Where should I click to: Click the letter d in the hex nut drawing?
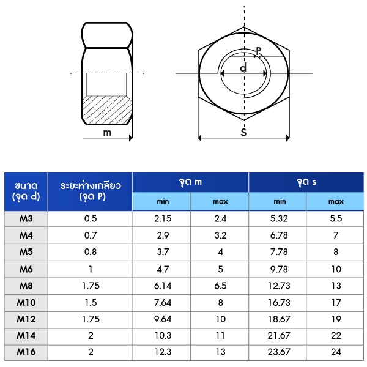[x=243, y=67]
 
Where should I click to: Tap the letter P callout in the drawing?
[x=258, y=51]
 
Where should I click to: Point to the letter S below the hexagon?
[x=243, y=133]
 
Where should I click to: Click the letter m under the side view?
[x=107, y=133]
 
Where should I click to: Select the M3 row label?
[x=26, y=218]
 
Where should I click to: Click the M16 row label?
[x=26, y=352]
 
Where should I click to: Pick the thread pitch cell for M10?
[x=91, y=303]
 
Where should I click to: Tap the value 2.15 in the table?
[x=163, y=218]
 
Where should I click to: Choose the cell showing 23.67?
[x=279, y=352]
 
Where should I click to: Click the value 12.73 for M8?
[x=279, y=286]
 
